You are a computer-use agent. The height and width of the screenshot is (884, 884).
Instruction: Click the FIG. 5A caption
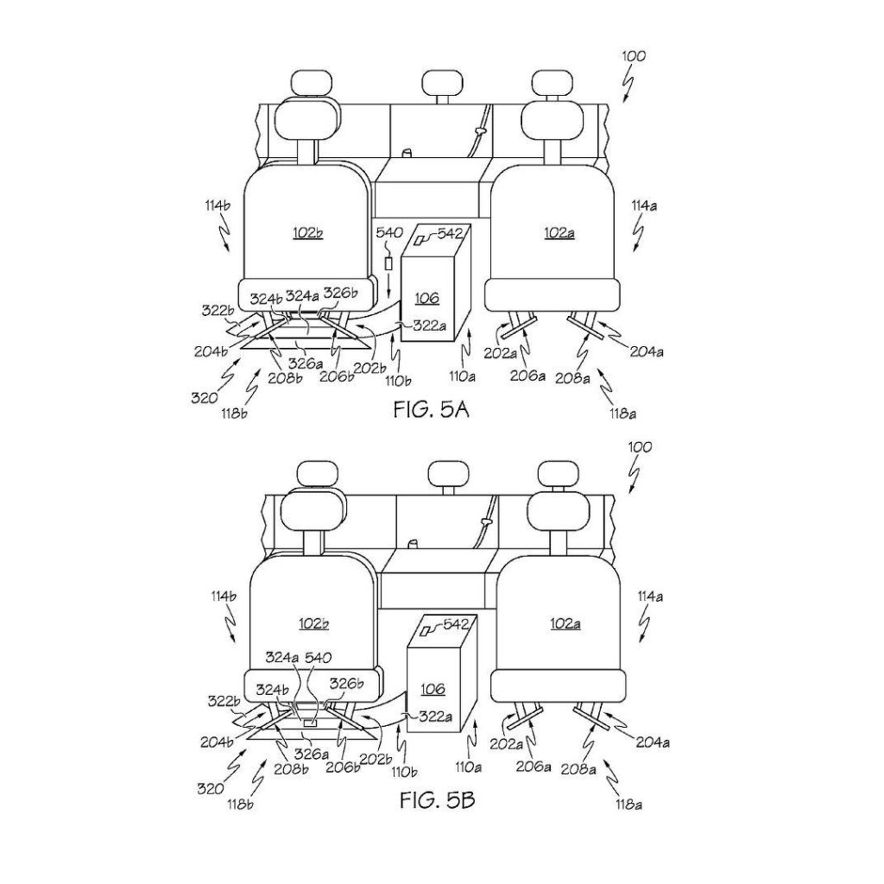coord(432,409)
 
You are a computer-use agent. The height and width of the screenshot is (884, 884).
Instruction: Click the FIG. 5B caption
coord(438,799)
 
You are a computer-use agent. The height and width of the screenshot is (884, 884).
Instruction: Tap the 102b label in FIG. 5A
coord(308,232)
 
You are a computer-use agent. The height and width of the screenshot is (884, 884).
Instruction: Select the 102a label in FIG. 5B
coord(565,623)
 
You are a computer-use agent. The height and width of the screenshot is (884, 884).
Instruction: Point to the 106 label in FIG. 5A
coord(426,298)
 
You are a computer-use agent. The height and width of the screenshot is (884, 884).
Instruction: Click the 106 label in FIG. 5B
coord(433,688)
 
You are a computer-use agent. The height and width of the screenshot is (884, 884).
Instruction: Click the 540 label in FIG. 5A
coord(389,232)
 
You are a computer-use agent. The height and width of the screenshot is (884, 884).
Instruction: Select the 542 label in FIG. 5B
coord(456,624)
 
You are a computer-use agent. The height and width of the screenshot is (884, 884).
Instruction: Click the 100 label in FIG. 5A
coord(634,56)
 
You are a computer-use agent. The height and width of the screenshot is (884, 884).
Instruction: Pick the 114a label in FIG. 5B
coord(650,596)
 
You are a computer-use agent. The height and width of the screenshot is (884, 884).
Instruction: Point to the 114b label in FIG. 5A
coord(218,205)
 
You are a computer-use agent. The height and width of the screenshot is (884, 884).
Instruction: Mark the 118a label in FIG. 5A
coord(623,414)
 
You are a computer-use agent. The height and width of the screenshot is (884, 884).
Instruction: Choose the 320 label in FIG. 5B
coord(211,789)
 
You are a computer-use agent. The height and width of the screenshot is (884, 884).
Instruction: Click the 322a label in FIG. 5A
coord(430,325)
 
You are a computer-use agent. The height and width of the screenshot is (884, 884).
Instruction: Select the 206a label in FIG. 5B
coord(534,767)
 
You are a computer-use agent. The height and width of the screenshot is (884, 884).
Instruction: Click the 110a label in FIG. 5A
coord(461,376)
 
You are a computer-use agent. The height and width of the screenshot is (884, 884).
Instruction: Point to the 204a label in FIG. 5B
coord(653,743)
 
